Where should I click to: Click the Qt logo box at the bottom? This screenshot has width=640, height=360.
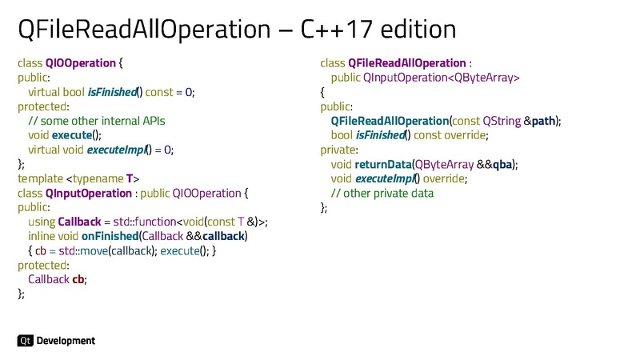pyautogui.click(x=25, y=341)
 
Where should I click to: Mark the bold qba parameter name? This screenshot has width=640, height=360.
pyautogui.click(x=502, y=164)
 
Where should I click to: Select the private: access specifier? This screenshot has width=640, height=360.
pyautogui.click(x=339, y=150)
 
